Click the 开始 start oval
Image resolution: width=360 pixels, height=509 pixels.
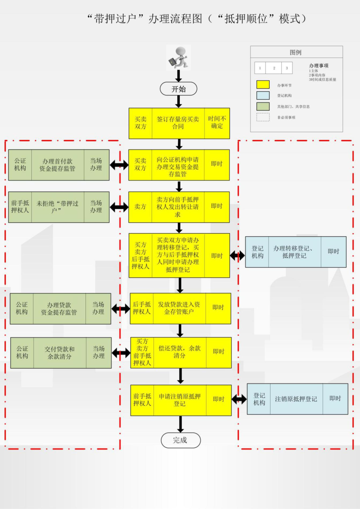coord(179,89)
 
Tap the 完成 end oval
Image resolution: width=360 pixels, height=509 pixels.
coord(180,440)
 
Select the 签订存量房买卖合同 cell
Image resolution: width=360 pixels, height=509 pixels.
coord(178,123)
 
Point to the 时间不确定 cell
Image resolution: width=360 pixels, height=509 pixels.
coord(217,123)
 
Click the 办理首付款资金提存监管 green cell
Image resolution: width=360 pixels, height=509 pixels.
coord(58,165)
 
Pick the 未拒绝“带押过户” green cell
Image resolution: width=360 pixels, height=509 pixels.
coord(58,207)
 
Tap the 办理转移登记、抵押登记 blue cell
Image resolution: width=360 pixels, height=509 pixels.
coord(294,252)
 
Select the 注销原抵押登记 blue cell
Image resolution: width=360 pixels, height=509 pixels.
coord(296,399)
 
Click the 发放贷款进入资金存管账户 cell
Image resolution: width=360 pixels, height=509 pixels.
coord(179,308)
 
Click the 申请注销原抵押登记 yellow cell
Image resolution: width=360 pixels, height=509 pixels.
coord(180,400)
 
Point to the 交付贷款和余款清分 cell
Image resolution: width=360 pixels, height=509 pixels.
coord(60,353)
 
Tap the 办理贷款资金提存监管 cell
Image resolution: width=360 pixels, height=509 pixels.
coord(59,309)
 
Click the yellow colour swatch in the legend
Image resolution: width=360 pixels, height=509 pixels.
coord(263,85)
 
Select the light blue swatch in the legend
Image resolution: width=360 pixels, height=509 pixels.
coord(263,96)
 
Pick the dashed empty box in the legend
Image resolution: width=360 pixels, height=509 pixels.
coord(263,117)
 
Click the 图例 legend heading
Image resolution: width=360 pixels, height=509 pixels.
coord(296,52)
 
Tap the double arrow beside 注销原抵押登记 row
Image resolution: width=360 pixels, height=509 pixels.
coord(239,399)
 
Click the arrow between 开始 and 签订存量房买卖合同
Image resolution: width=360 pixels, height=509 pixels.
coord(179,101)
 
